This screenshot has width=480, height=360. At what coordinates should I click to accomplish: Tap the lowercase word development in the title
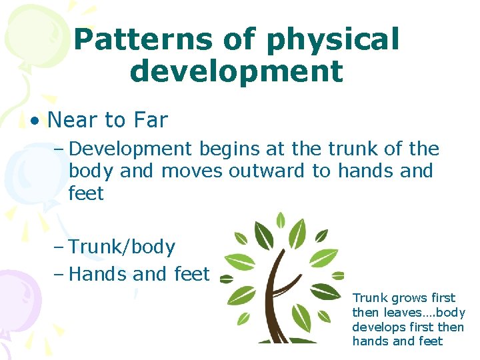pos(237,71)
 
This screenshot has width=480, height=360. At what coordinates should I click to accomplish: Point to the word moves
pos(191,171)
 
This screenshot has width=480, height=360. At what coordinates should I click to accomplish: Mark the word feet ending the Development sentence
pos(86,194)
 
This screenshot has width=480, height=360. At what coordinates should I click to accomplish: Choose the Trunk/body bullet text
pos(121,247)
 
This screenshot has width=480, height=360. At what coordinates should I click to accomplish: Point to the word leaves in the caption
pos(398,313)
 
